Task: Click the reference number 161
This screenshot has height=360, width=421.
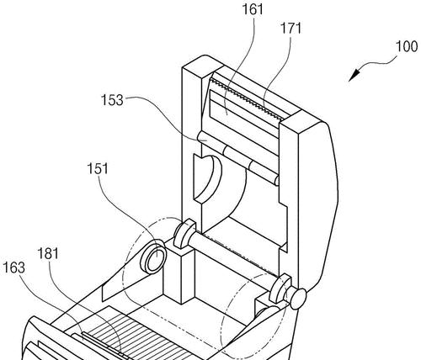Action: click(253, 10)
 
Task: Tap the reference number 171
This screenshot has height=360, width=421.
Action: click(290, 29)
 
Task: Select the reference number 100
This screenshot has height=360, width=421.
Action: click(407, 46)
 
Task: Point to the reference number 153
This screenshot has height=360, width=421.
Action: click(112, 100)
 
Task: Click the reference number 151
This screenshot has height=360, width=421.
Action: click(98, 169)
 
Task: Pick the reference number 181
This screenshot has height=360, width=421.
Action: click(48, 254)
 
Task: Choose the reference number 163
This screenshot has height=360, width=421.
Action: click(13, 267)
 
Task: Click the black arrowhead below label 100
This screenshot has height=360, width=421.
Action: click(354, 75)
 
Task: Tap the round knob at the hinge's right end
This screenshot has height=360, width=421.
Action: click(297, 299)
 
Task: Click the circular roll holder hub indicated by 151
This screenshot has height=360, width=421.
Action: click(154, 257)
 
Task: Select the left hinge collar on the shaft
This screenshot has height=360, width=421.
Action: click(184, 234)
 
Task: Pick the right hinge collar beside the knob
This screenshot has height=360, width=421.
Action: click(280, 289)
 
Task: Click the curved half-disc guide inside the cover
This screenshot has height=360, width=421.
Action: click(208, 178)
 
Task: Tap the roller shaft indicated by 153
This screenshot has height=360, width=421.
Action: click(238, 158)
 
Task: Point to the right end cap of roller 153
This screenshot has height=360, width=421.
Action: click(276, 180)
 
